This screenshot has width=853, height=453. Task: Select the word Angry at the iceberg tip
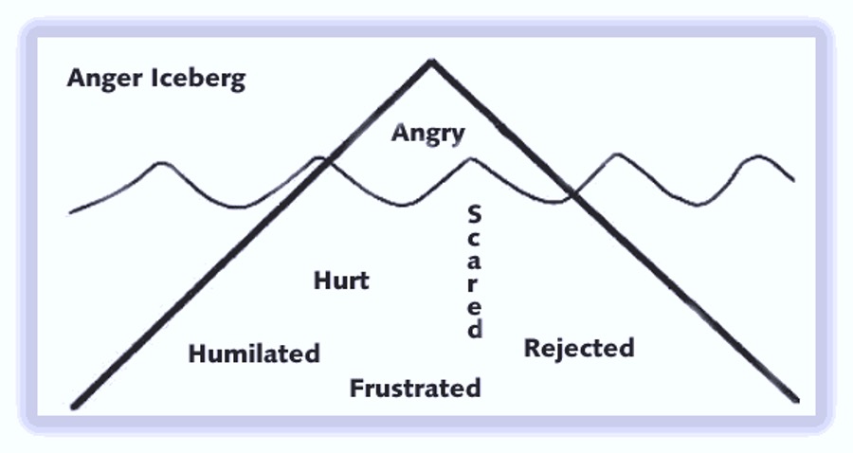[x=428, y=133]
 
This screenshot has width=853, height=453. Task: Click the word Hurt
[x=341, y=281]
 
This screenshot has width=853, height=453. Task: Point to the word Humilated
[x=254, y=353]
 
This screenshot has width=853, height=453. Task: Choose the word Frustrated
[x=415, y=388]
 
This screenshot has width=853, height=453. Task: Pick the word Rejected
[x=579, y=348]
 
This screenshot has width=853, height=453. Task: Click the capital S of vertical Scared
[x=475, y=213]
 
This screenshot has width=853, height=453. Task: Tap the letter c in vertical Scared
[x=475, y=239]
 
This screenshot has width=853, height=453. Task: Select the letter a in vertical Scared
[x=475, y=263]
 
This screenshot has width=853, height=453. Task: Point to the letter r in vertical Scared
[x=475, y=285]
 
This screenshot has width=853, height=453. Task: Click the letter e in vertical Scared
[x=475, y=307]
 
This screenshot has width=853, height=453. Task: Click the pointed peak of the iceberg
[x=431, y=62]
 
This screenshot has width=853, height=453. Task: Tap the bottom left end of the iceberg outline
[x=74, y=406]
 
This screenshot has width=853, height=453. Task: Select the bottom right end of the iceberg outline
[x=797, y=400]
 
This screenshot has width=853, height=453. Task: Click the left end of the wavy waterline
[x=71, y=211]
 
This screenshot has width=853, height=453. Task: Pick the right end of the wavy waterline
[x=793, y=179]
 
